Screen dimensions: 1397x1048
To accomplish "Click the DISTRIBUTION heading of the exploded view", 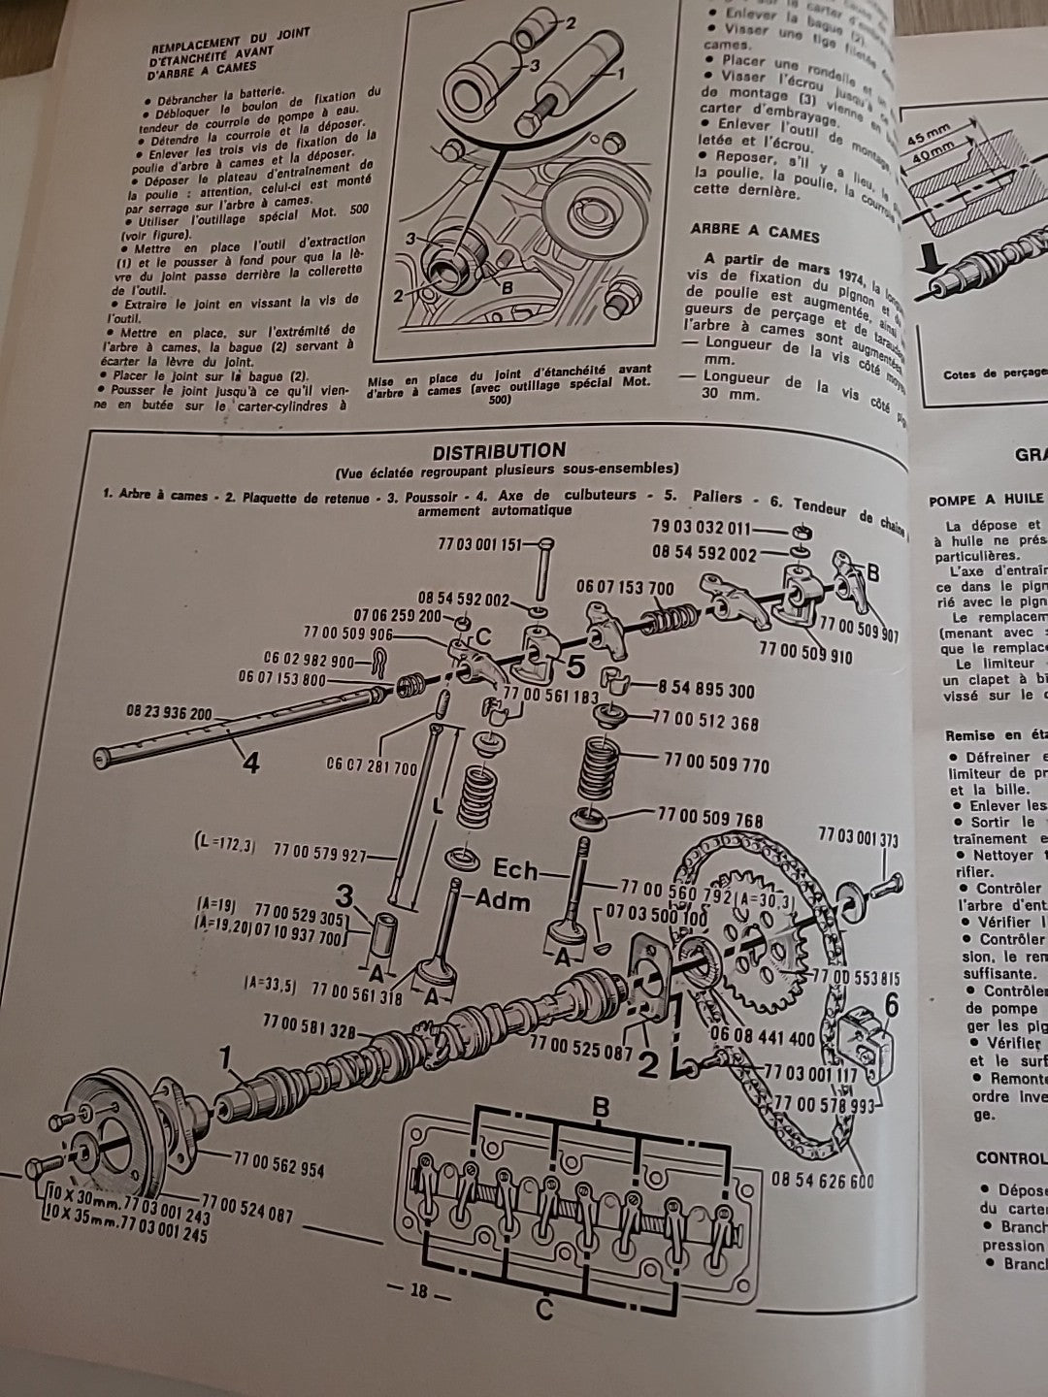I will (x=498, y=451).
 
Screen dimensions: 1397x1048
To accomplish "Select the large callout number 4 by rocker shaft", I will (x=250, y=763).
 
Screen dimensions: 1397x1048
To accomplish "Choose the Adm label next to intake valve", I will (x=503, y=900).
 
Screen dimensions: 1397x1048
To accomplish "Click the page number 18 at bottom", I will (x=418, y=1291).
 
